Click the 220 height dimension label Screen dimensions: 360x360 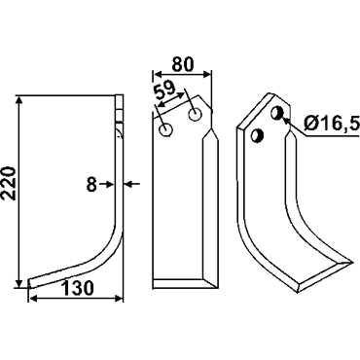[x=9, y=184]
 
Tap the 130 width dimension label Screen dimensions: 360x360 [x=78, y=288]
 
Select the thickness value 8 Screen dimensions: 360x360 [x=91, y=185]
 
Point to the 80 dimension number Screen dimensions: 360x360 [x=182, y=64]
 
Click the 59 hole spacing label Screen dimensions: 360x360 [x=164, y=90]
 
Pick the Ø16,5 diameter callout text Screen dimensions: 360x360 [x=332, y=123]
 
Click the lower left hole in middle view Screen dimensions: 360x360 [x=165, y=130]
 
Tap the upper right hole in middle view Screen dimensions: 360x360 [x=195, y=115]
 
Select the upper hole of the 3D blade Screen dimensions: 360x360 [x=277, y=113]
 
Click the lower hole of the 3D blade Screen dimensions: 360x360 [x=258, y=135]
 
